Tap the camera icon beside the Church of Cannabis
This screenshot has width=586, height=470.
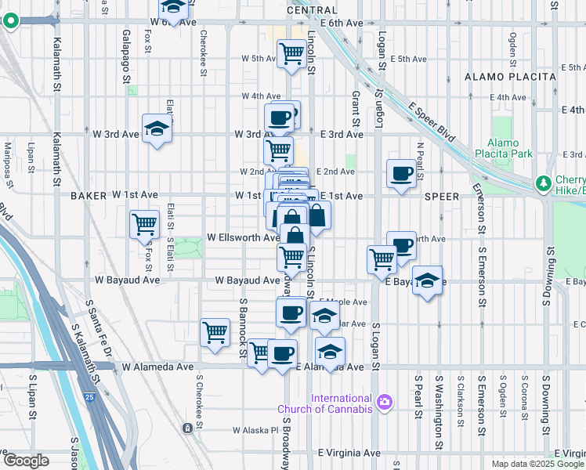pyautogui.click(x=384, y=403)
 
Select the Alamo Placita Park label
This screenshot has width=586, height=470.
pyautogui.click(x=508, y=148)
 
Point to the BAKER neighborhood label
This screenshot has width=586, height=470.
pyautogui.click(x=88, y=194)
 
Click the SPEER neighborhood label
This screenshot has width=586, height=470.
pyautogui.click(x=440, y=196)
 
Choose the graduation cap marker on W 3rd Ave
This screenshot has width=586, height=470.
pyautogui.click(x=157, y=129)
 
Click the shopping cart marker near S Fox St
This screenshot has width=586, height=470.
pyautogui.click(x=145, y=225)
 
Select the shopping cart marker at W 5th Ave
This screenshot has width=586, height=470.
pyautogui.click(x=291, y=54)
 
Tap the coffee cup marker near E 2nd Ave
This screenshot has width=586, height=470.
pyautogui.click(x=402, y=173)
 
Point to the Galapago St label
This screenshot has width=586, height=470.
pyautogui.click(x=126, y=56)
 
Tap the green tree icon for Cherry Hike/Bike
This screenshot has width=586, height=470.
pyautogui.click(x=542, y=183)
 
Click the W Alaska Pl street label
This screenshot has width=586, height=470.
pyautogui.click(x=255, y=430)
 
